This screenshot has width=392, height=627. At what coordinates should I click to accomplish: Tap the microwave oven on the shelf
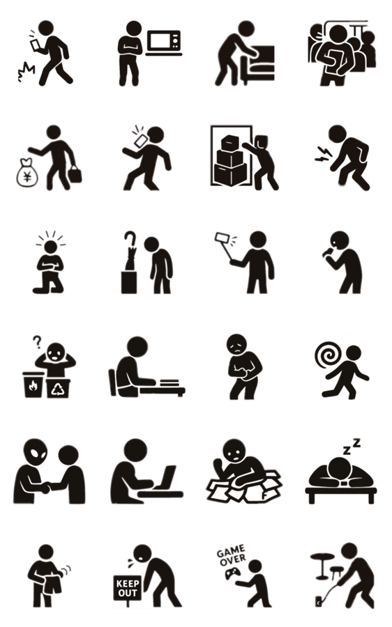(x=164, y=41)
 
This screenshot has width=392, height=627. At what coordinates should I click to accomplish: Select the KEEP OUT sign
(x=128, y=588)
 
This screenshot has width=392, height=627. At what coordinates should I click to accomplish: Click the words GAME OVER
(x=231, y=556)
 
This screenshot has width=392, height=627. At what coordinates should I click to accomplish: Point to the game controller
(x=231, y=574)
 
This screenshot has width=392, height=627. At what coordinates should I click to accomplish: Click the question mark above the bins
(x=37, y=342)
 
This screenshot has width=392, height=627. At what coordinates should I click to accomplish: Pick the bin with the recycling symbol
(x=58, y=388)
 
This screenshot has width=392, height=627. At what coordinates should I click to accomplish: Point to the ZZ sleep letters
(x=352, y=447)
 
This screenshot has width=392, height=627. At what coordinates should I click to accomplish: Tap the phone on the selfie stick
(x=222, y=238)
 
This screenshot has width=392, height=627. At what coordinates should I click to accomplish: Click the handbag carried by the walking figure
(x=75, y=174)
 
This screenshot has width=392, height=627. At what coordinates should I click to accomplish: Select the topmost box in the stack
(x=230, y=143)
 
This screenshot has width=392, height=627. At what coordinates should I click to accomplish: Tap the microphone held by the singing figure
(x=328, y=253)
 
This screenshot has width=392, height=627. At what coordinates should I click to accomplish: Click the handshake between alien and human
(x=45, y=488)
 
